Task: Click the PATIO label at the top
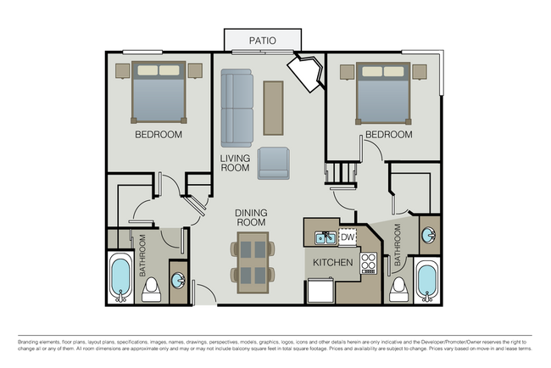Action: (262, 40)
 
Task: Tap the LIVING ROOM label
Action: (235, 163)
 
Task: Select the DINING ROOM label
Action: (252, 219)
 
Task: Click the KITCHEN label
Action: (332, 263)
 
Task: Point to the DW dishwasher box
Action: (347, 237)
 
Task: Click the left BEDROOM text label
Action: (159, 135)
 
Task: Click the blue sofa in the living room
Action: (237, 108)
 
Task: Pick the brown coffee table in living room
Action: (273, 107)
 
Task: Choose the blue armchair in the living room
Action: (274, 163)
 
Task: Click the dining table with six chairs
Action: (253, 261)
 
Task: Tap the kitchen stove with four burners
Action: (369, 263)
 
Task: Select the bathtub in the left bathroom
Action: (121, 277)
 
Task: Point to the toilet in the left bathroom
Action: (151, 289)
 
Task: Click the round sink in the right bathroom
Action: (430, 232)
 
